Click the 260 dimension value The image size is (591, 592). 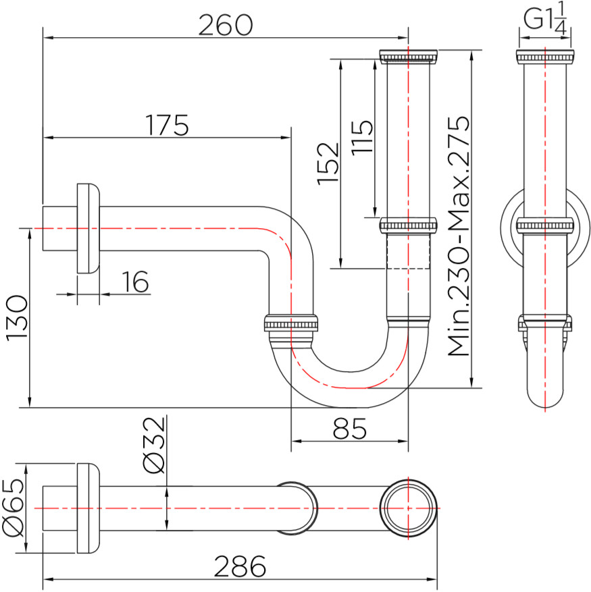(225, 26)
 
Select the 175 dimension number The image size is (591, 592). (167, 126)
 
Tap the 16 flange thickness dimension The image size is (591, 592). (136, 282)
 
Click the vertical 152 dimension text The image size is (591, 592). (328, 163)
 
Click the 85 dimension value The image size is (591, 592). (349, 429)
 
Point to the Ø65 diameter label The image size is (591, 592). (14, 508)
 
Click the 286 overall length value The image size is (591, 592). (240, 566)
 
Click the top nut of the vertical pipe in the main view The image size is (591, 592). (408, 56)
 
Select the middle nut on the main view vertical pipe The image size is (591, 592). (408, 225)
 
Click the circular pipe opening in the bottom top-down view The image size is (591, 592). (408, 508)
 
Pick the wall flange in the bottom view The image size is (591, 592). (88, 508)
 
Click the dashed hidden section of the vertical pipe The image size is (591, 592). (408, 251)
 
